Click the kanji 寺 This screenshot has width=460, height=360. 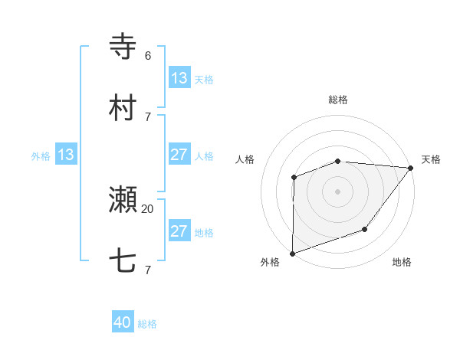(123, 46)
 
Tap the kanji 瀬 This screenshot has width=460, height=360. (123, 200)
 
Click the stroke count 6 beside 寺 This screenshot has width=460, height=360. (148, 55)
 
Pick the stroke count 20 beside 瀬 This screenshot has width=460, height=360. (148, 208)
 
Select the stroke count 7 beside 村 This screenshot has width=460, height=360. (148, 116)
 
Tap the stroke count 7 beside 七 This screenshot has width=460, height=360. (148, 270)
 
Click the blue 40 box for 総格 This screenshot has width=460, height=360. (123, 323)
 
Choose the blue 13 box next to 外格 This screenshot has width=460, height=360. (65, 155)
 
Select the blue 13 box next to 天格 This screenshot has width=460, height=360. (179, 78)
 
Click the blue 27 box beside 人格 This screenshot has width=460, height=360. (179, 155)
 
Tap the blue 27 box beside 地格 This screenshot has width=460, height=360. (179, 231)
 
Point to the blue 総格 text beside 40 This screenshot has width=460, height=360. (147, 324)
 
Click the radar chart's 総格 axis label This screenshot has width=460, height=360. (338, 100)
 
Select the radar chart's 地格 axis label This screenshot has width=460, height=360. (402, 263)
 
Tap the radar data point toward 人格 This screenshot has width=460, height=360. (294, 178)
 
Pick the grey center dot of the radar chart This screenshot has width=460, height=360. (337, 191)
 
